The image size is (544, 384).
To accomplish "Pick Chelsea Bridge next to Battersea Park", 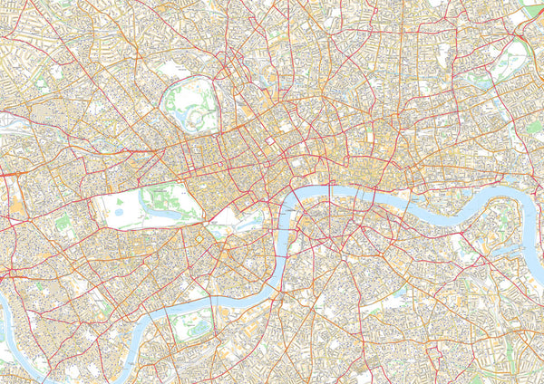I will tap(214, 312).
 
